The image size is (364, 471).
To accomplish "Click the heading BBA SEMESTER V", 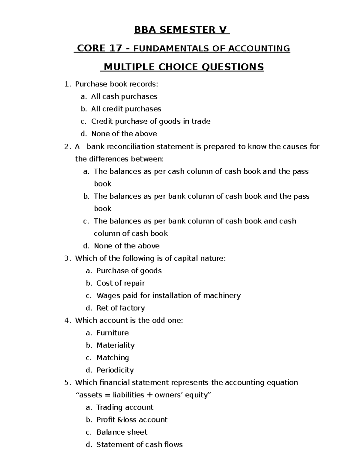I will click(x=182, y=30).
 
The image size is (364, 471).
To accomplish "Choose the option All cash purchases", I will click(x=124, y=96).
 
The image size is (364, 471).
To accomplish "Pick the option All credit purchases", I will click(x=126, y=109).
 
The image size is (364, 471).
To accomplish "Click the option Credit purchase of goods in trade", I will click(x=150, y=121).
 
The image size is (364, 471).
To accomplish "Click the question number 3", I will click(x=66, y=258).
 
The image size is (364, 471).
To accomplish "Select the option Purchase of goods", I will click(x=129, y=271).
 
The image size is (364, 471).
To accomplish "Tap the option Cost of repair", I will click(x=120, y=283).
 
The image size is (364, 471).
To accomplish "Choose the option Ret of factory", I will click(x=120, y=308).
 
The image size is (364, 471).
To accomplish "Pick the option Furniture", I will click(x=113, y=333).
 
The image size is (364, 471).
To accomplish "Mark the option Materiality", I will click(x=115, y=345).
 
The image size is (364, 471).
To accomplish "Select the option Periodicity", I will click(x=115, y=370).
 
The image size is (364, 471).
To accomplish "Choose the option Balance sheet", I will click(x=122, y=432).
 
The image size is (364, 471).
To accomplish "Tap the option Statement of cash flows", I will click(x=139, y=445).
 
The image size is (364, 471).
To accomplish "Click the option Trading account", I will click(x=125, y=407).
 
